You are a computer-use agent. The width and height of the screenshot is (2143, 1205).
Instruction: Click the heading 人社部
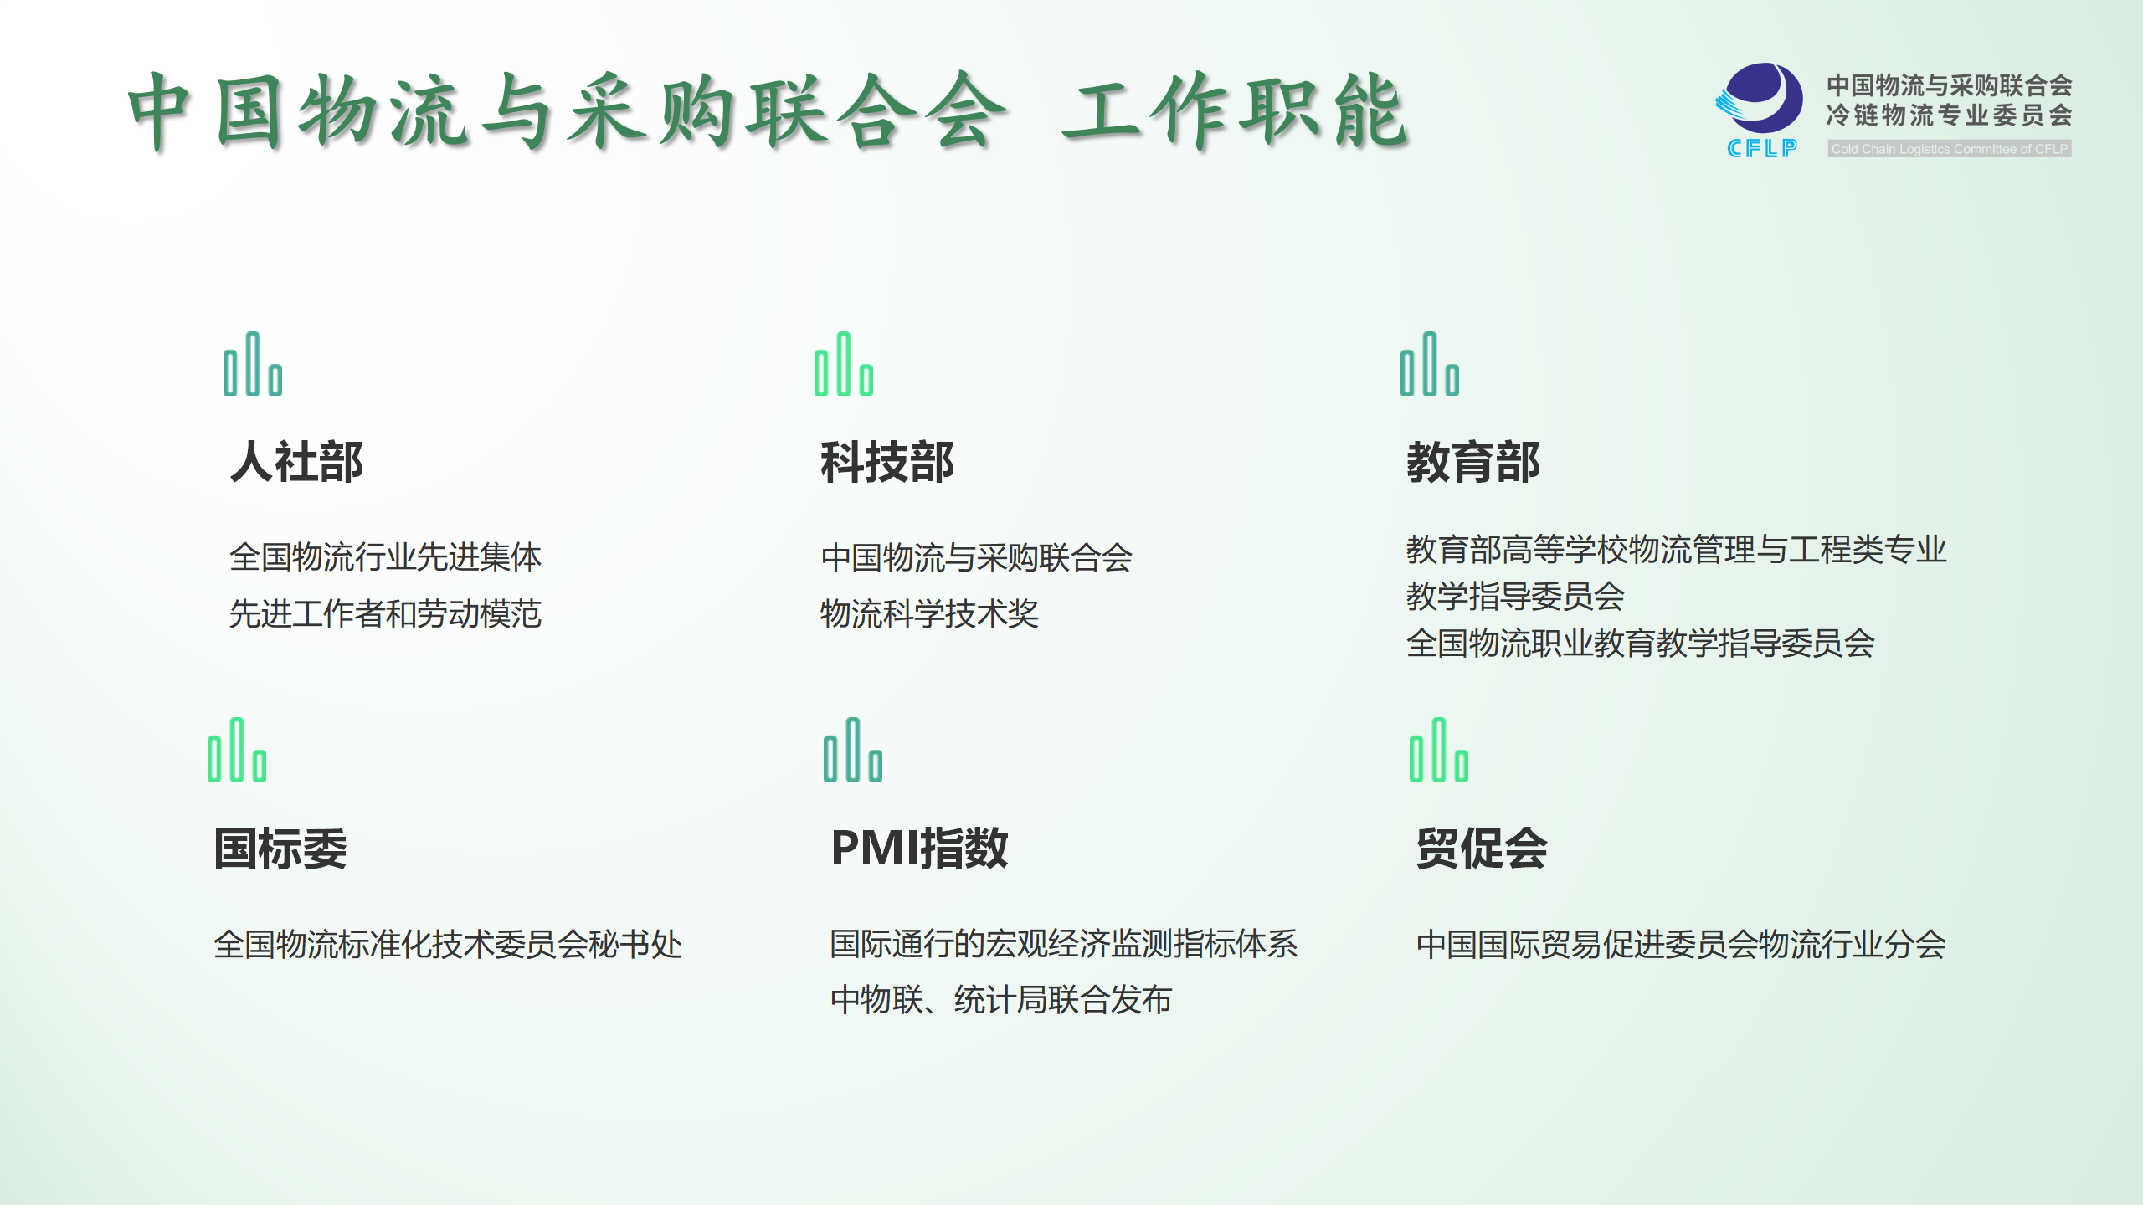(x=296, y=462)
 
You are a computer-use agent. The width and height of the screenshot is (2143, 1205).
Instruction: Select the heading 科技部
(x=887, y=462)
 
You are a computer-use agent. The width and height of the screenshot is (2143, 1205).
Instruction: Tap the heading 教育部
(x=1473, y=462)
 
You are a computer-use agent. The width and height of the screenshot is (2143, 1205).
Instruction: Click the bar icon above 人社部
(x=253, y=364)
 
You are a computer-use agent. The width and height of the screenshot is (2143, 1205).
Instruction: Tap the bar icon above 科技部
(x=844, y=364)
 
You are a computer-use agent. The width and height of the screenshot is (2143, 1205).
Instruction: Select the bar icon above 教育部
(x=1430, y=364)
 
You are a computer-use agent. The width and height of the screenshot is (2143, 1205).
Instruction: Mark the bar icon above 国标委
(x=237, y=750)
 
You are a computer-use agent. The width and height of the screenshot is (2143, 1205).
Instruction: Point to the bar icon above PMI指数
(x=853, y=750)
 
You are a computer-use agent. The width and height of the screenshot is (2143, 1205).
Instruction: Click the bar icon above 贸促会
(x=1439, y=750)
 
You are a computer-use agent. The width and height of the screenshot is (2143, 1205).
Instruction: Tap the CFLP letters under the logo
(x=1762, y=148)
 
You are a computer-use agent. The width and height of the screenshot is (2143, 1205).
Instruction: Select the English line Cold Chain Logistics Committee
(x=1950, y=149)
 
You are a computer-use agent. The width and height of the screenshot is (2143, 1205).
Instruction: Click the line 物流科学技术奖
(x=929, y=613)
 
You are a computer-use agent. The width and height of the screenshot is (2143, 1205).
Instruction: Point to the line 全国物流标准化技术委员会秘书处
(x=448, y=944)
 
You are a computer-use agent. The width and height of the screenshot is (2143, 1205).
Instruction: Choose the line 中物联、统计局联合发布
(x=1001, y=999)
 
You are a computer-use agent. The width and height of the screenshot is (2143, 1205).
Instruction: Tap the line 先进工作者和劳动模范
(x=385, y=613)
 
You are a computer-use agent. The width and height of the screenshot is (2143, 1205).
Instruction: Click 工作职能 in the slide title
(x=1236, y=110)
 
